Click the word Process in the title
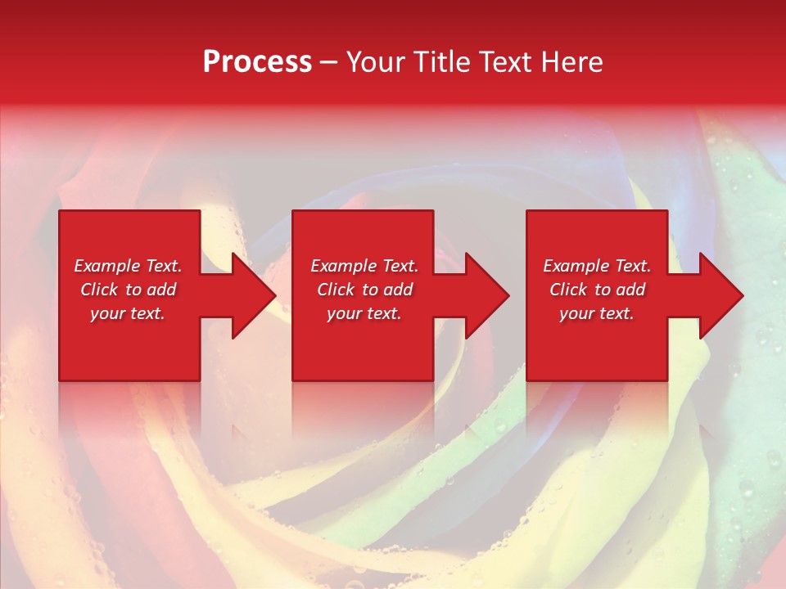[257, 62]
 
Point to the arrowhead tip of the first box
[275, 295]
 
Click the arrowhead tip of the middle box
[508, 295]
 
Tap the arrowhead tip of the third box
[743, 295]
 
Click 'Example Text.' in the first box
[128, 266]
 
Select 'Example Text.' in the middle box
[364, 266]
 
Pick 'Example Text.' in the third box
[597, 266]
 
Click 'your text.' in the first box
[128, 313]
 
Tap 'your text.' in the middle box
[364, 313]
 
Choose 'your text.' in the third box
[597, 313]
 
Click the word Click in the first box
[99, 290]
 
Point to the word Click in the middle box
[336, 290]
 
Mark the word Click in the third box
[568, 290]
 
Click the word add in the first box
[161, 290]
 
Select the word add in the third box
[630, 290]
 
